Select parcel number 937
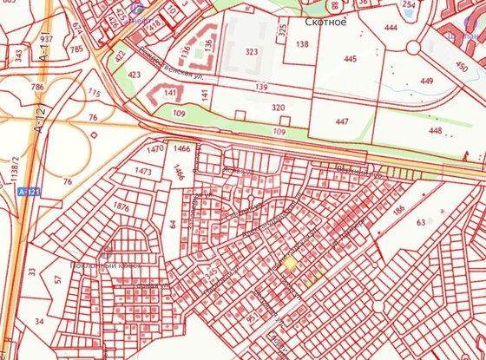click(47, 40)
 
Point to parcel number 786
click(37, 88)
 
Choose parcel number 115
click(95, 94)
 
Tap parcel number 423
click(134, 75)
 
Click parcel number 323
click(252, 52)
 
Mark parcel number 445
click(350, 59)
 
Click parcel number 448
click(435, 131)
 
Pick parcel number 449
click(426, 82)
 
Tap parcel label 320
click(279, 108)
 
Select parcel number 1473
click(143, 172)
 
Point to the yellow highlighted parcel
click(290, 263)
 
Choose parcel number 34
click(39, 321)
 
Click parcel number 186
click(399, 211)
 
